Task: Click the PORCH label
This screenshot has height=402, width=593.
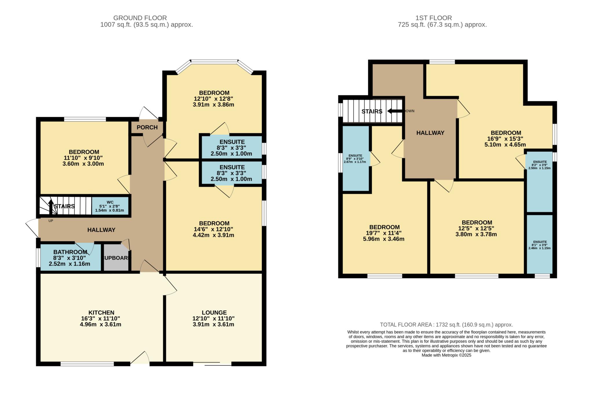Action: pos(147,127)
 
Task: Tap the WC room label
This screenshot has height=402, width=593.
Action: pos(110,202)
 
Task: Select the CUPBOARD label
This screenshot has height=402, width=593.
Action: pos(116,258)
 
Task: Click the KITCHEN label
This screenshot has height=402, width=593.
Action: pos(101,312)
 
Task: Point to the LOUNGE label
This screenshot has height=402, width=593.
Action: pos(214,312)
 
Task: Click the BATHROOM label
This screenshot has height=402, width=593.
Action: pos(70,252)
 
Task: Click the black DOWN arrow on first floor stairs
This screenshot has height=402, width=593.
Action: pos(396,111)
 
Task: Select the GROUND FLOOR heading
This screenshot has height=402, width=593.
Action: pos(140,18)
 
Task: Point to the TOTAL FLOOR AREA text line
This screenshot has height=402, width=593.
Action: pos(446,325)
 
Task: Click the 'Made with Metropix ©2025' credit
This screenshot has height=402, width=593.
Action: pos(446,355)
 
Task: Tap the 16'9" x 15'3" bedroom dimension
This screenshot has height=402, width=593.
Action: pos(505,139)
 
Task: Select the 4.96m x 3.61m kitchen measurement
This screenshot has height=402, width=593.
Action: pos(100,324)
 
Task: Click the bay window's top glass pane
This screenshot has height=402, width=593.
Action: pos(214,61)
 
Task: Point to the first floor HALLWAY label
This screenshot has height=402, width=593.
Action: pos(430,133)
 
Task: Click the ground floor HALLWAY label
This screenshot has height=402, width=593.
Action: pos(101,230)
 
